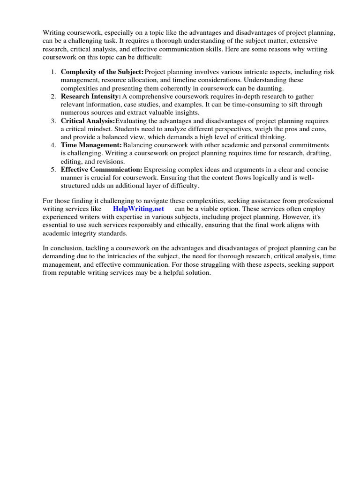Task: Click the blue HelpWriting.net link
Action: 138,209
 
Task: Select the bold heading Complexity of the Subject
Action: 102,72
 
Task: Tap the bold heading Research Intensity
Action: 91,96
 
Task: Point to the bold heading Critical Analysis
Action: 88,120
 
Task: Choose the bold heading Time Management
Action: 91,145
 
